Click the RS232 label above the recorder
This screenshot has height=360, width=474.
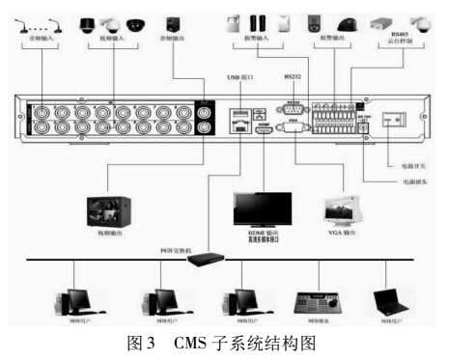(293, 74)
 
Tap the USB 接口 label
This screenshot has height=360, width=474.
(238, 75)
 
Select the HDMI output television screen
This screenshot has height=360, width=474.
(264, 208)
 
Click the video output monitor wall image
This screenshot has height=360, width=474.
(109, 211)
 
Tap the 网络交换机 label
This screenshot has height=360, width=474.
(175, 250)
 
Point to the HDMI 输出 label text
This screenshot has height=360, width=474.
(262, 235)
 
